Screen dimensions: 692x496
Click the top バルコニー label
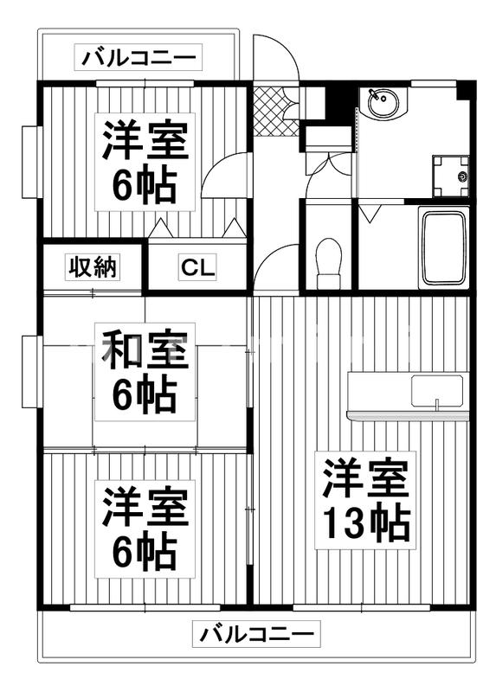click(139, 59)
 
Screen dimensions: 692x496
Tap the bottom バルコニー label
click(257, 635)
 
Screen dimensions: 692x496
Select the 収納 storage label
click(93, 267)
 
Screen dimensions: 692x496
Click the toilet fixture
click(329, 262)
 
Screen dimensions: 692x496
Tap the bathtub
click(443, 247)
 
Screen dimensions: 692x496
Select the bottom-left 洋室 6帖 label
click(145, 528)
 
